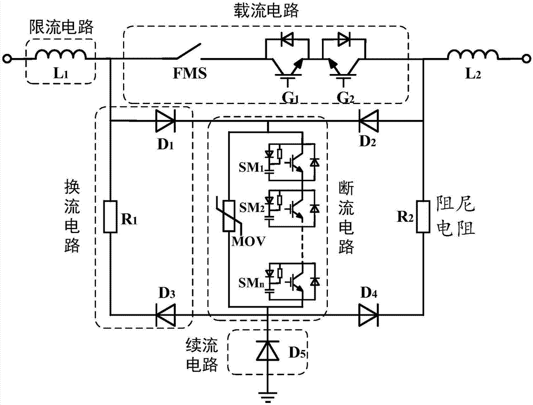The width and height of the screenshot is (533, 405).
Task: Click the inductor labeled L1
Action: pyautogui.click(x=61, y=55)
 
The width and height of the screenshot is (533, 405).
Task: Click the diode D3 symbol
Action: pyautogui.click(x=165, y=314)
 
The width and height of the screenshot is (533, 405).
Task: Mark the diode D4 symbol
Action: pyautogui.click(x=368, y=314)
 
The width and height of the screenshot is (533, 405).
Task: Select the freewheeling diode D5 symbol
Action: pyautogui.click(x=267, y=352)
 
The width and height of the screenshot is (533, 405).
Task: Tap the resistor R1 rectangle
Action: pyautogui.click(x=110, y=216)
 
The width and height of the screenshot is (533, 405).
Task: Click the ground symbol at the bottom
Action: pyautogui.click(x=267, y=394)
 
